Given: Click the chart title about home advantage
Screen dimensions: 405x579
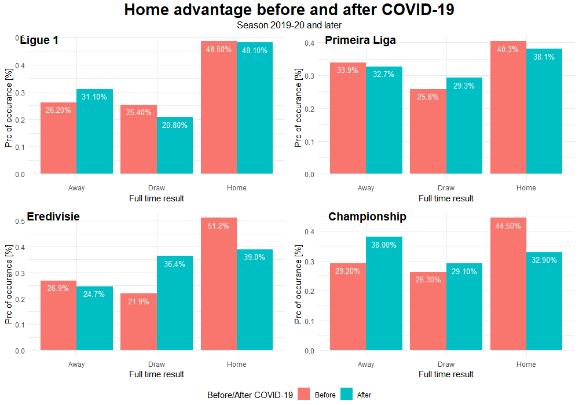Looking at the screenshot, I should tap(289, 10).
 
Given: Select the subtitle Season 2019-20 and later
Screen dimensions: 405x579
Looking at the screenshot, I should tap(289, 25).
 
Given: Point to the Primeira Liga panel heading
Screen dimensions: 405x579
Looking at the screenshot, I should tap(360, 40).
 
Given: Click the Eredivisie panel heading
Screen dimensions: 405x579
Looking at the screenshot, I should tap(53, 216).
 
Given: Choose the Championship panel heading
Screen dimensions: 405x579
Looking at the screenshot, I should tap(367, 216).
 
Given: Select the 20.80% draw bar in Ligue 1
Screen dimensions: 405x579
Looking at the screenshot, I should tap(175, 145).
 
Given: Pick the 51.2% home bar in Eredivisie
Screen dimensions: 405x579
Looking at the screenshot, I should tap(219, 283).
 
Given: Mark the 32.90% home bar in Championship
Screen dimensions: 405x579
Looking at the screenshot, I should tap(544, 301).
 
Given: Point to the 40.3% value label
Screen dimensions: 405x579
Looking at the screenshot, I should tap(508, 50).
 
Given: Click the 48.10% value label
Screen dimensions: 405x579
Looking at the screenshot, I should tap(255, 50).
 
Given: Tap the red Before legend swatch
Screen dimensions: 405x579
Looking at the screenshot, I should tap(305, 395).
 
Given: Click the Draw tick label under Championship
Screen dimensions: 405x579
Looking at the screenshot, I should tap(446, 365).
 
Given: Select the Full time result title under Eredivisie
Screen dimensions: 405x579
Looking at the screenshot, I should tap(156, 374).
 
